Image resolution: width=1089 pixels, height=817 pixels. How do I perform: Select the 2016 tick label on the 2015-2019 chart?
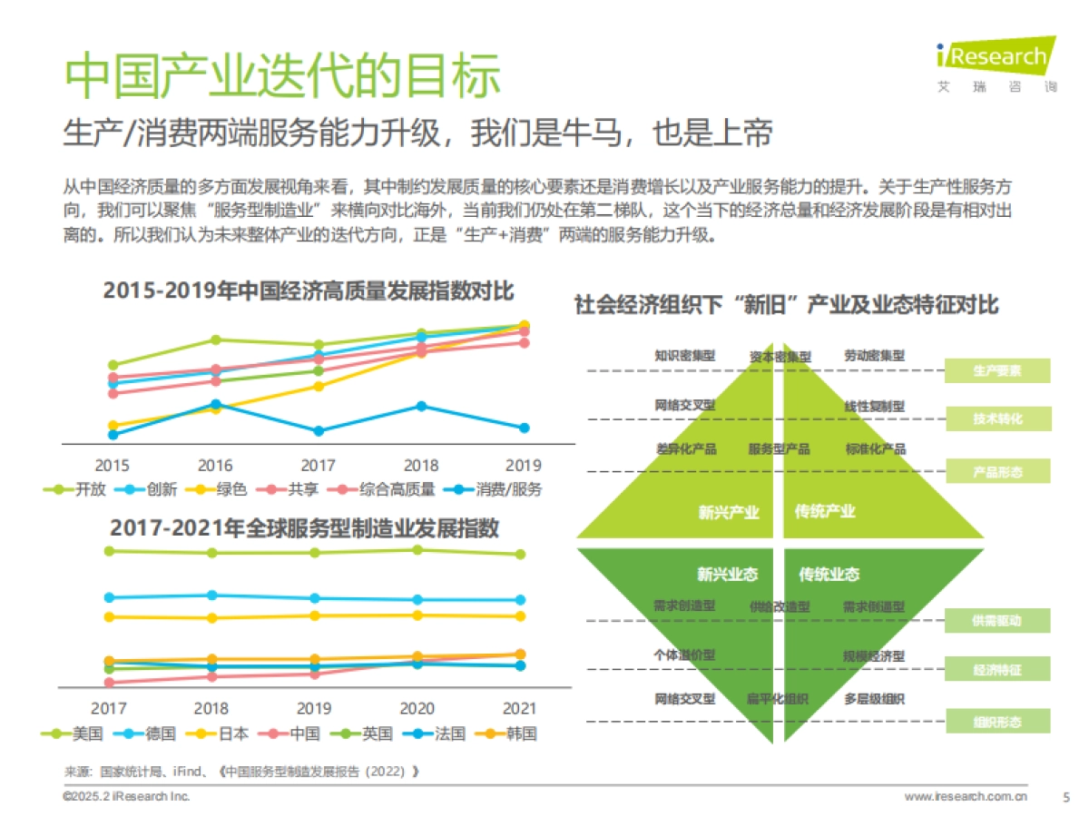(215, 466)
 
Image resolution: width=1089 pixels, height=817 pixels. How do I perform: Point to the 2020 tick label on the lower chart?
(417, 708)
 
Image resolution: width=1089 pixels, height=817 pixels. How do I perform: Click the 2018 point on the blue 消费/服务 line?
(421, 406)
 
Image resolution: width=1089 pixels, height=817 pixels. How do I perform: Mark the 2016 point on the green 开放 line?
(216, 340)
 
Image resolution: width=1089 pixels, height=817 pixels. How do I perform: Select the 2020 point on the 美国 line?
(417, 549)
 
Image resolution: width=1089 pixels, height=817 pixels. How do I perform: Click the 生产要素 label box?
(997, 370)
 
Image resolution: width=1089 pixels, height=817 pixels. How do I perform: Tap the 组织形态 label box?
(997, 722)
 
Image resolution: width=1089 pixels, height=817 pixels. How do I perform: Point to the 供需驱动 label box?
(997, 621)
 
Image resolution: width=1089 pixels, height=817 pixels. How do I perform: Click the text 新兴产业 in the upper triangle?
(728, 512)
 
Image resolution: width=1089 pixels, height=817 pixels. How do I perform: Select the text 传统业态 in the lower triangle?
(829, 575)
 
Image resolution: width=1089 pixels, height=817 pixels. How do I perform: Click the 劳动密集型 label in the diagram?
(874, 356)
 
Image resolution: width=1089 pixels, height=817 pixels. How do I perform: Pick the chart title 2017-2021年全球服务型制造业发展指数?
(304, 527)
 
